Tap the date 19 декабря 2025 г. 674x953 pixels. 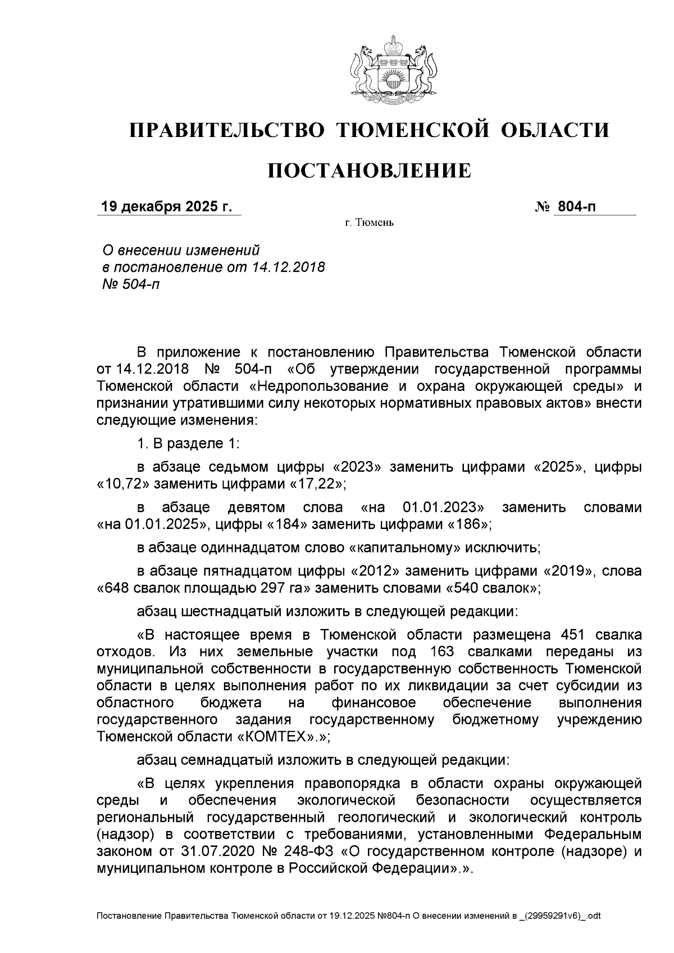(x=166, y=207)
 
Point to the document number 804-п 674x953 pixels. (x=576, y=207)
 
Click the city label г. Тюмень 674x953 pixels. (x=369, y=224)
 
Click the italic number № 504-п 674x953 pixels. (x=129, y=284)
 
